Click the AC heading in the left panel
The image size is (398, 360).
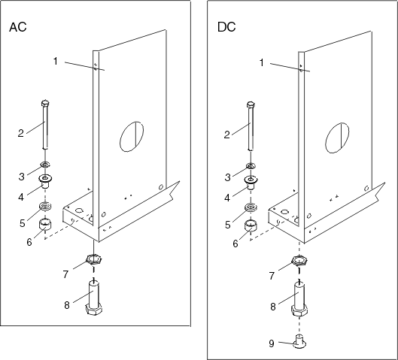tap(18, 28)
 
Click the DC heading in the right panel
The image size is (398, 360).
tap(227, 28)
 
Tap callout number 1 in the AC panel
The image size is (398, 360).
tap(56, 60)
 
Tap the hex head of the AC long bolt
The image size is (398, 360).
tap(45, 103)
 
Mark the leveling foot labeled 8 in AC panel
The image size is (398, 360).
tap(94, 299)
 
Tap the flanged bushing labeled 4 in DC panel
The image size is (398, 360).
tap(250, 182)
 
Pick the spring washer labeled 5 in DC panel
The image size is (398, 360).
tap(250, 209)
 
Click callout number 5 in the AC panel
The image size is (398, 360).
tap(22, 222)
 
